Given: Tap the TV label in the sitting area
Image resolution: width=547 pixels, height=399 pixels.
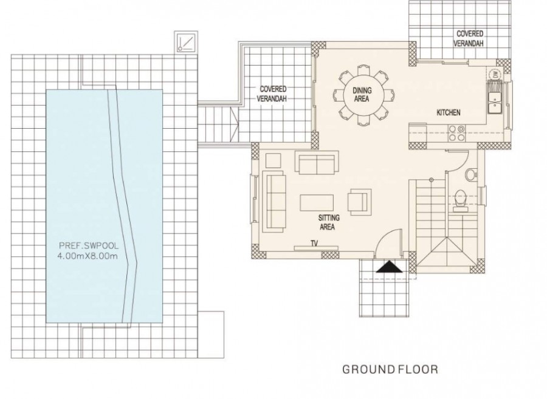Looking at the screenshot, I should [315, 242].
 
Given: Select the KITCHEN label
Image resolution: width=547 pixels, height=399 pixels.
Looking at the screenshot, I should [449, 113].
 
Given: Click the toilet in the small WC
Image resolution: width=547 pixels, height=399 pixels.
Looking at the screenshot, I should [460, 198].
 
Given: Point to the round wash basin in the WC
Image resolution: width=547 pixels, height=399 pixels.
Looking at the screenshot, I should [470, 176].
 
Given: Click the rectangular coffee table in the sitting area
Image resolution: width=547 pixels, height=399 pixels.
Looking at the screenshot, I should [316, 201].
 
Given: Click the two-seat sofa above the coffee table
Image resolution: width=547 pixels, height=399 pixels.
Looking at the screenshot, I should [315, 163].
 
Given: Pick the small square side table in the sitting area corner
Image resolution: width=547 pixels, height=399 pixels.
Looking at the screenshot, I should [273, 160].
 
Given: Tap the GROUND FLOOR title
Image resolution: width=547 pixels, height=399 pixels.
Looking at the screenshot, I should [390, 369].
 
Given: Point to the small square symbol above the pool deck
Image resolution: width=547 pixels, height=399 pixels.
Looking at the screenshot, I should [185, 42].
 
